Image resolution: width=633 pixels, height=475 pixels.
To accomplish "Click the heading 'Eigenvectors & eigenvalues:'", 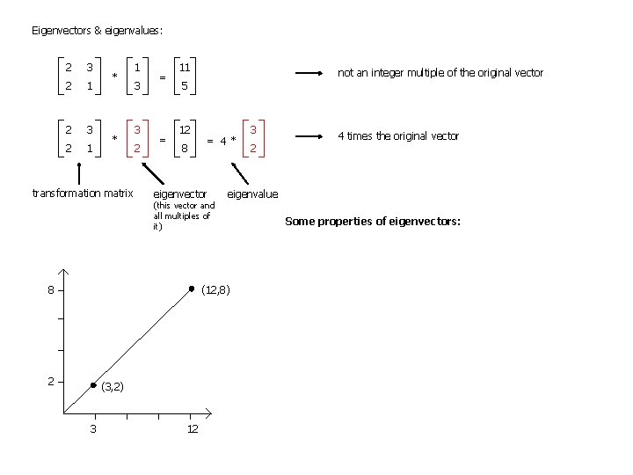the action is pos(98,31).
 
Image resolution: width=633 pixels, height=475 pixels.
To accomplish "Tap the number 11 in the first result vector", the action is pos(186,67).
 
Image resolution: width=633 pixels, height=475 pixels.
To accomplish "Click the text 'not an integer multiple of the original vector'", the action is pos(440,73).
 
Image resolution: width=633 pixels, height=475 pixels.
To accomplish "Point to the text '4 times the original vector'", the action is pos(399,136).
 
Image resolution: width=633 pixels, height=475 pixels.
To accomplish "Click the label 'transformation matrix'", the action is pos(82,193).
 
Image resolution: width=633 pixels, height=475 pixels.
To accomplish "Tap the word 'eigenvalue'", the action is pos(252,194).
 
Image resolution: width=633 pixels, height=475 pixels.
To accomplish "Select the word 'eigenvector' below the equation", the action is pos(180,194).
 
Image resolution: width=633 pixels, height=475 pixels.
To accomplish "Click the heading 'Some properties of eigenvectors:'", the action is pos(373,222).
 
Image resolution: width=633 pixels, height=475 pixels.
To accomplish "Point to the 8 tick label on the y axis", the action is pos(52,289).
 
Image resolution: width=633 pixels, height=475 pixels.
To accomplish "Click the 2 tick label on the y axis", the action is pos(52,382).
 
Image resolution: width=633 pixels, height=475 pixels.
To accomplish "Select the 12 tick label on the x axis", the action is pos(192,428).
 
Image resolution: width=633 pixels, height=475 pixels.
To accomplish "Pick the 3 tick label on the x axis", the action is pos(93,428).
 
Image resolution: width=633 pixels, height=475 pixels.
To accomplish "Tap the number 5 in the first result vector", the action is pos(185,86).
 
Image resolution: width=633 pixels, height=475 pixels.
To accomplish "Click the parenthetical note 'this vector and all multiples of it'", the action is pos(183,216).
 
